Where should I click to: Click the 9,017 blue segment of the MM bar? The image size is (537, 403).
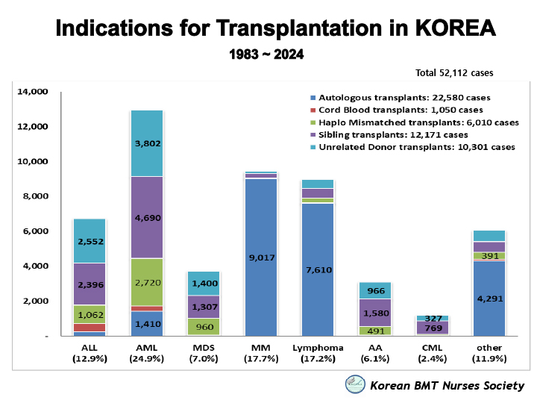261,257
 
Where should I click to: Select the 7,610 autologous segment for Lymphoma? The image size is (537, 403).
318,269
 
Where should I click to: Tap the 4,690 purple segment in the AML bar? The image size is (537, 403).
146,217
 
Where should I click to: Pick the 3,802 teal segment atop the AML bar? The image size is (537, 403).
146,143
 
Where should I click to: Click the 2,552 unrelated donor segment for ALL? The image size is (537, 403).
89,241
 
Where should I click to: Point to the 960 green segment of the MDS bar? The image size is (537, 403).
204,326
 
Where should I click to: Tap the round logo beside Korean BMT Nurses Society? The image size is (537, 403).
354,384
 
